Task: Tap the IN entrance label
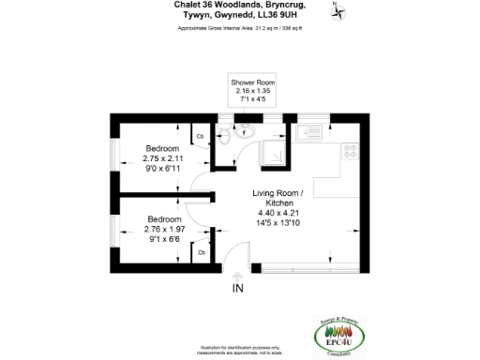coord(238,288)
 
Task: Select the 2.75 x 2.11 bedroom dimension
coord(161,158)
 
